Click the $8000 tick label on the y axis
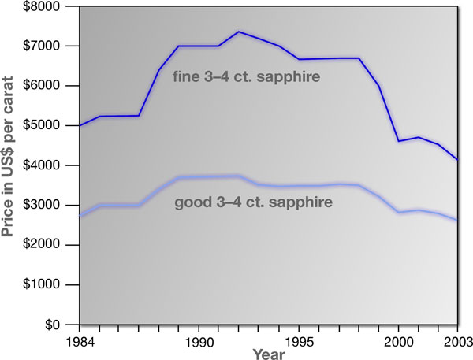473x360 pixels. tap(53, 6)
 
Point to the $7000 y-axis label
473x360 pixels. tap(53, 46)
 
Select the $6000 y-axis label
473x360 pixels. tap(53, 86)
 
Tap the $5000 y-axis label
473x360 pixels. tap(53, 125)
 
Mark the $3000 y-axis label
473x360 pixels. tap(53, 205)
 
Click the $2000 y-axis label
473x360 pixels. tap(53, 245)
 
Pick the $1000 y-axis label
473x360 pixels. tap(53, 284)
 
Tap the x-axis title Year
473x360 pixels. tap(269, 354)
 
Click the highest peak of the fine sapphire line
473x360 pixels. tap(238, 32)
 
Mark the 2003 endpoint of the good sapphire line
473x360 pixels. tap(457, 221)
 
